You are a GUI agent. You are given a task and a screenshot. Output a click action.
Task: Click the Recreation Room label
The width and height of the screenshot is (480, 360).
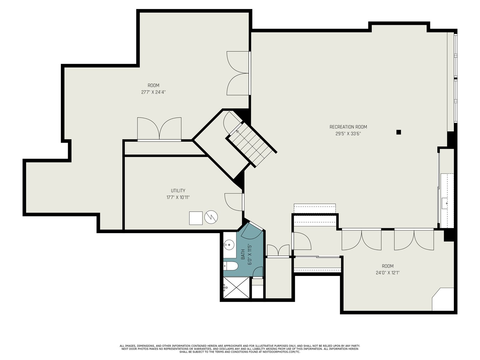pos(348,127)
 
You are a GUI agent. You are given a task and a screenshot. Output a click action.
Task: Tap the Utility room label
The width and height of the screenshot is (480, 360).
pos(178,190)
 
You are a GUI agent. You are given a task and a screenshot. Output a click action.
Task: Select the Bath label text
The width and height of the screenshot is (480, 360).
pos(243,255)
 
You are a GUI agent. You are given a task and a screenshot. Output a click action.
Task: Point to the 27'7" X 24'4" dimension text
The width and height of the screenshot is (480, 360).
pos(153,92)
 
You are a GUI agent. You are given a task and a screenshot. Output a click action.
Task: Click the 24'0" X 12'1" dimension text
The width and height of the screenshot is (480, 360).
pos(388,273)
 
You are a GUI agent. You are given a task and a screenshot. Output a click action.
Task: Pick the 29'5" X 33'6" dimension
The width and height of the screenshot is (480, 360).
pos(348,133)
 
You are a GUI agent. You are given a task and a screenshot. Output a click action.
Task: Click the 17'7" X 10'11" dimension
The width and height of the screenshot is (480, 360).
pos(178,197)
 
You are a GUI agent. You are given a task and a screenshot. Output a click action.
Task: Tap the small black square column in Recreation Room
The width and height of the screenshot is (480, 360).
pos(399,132)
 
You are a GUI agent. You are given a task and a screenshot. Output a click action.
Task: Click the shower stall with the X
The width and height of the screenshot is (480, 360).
pos(236,287)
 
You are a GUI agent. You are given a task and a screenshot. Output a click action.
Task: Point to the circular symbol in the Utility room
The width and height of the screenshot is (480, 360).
pos(211,217)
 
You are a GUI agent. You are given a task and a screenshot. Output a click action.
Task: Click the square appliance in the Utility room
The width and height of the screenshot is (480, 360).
pos(196,218)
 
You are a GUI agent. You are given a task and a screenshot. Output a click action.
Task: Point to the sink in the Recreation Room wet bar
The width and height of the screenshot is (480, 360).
pos(445,203)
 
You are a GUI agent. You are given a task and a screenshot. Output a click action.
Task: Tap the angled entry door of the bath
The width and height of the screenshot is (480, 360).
pos(256,226)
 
